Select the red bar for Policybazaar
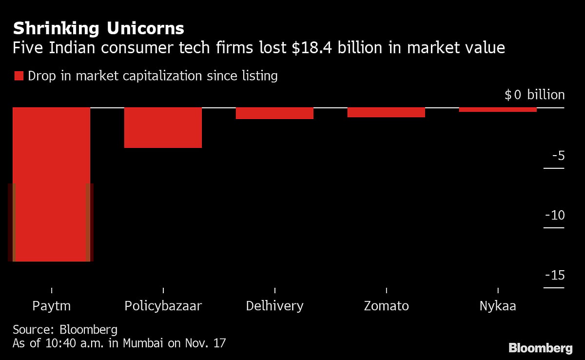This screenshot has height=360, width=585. point(163,127)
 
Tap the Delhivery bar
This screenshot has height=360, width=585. point(274,113)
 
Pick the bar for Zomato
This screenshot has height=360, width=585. point(386,112)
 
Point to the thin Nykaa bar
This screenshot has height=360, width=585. point(498,110)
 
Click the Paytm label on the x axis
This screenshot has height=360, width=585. point(51,306)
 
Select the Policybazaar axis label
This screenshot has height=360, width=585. point(163,306)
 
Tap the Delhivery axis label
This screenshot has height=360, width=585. point(274,306)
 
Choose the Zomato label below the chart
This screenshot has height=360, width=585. point(386,306)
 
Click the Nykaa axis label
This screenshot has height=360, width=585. point(498,306)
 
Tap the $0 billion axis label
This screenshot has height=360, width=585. point(534,95)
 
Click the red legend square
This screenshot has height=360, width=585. point(19,76)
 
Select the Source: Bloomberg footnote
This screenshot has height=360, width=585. point(65,329)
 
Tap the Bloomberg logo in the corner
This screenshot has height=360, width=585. point(541,348)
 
